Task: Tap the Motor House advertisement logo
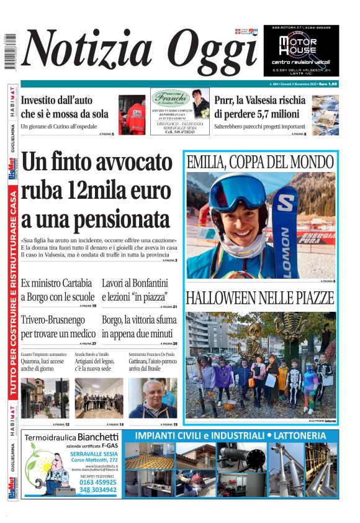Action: (x=300, y=47)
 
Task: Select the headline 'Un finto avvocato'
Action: (x=97, y=163)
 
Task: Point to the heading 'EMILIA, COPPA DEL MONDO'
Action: (x=260, y=163)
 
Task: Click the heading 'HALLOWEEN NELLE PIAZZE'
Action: (x=260, y=298)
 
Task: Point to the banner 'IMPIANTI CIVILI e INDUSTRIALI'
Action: (x=230, y=435)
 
